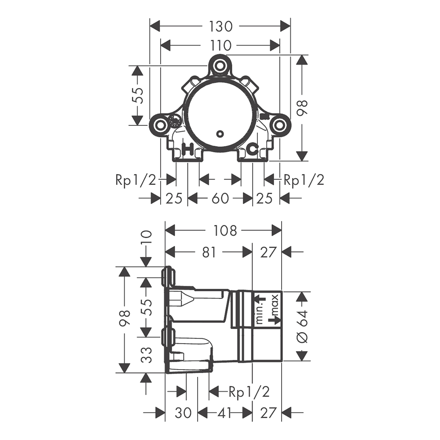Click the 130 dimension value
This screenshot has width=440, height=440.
point(220,27)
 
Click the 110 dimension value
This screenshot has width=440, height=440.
point(220,45)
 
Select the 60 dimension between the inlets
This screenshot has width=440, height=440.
point(220,198)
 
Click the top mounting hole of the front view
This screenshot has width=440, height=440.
point(220,66)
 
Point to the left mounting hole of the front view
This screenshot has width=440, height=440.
point(160,125)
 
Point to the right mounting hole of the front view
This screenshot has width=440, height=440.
point(279,125)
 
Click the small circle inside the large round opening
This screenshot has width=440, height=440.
point(220,134)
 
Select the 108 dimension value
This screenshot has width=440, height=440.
point(225,231)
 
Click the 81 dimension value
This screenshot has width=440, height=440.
point(209,252)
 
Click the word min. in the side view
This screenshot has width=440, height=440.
point(260,314)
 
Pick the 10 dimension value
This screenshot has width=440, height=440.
point(147,238)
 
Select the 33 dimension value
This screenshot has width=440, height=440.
point(147,355)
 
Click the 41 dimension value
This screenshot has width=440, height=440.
point(224,413)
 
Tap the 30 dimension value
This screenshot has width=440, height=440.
point(183,413)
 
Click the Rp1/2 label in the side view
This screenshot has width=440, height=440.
point(249,392)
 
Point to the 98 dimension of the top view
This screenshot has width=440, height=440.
point(303,108)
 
